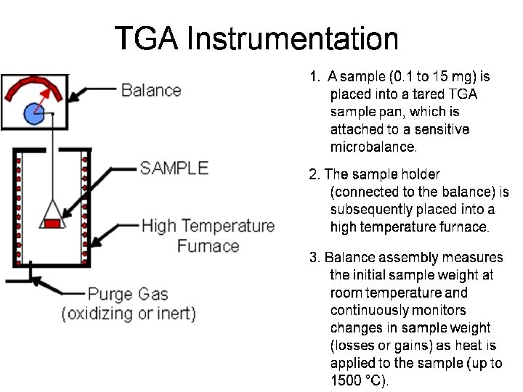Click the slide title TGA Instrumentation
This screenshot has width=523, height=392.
point(256,39)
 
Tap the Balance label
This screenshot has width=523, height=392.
point(151,90)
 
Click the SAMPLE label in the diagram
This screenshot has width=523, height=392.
point(174,168)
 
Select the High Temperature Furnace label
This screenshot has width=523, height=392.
point(208,235)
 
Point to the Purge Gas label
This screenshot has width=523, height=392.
point(128,294)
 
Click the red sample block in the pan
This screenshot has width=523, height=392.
point(52,223)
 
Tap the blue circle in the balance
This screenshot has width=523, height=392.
point(33,113)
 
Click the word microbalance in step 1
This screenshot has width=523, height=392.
point(373,147)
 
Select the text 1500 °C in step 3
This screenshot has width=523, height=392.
point(359,380)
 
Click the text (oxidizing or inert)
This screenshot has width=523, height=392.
point(129,314)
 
